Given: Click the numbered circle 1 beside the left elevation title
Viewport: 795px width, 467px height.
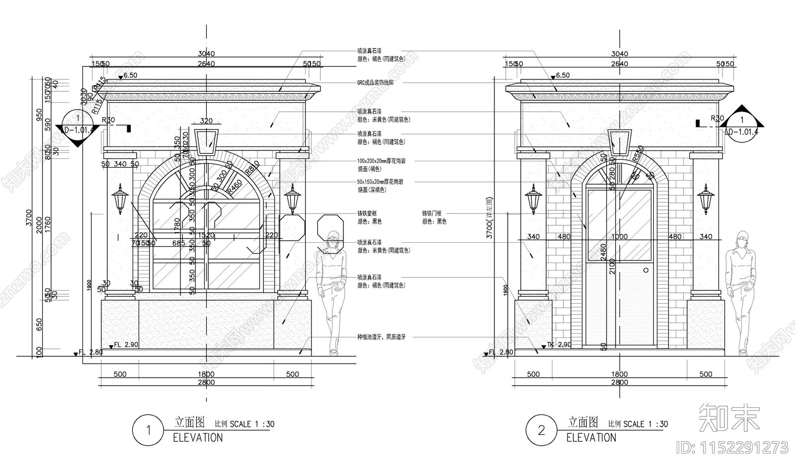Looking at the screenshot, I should [148, 430].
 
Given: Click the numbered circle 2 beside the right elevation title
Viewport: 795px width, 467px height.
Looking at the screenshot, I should [542, 430].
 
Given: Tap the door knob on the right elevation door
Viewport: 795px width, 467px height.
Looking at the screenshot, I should [646, 270].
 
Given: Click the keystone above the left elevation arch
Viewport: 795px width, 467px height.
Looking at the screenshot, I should [207, 141].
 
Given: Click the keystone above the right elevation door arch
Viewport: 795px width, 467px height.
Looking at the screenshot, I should [620, 141].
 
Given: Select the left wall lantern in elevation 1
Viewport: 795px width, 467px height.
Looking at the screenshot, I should [120, 199].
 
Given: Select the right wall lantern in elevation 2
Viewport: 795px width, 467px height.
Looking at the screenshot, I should [705, 199].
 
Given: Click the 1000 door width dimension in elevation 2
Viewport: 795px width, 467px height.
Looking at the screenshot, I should [619, 237].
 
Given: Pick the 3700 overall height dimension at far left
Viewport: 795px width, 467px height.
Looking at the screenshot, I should [29, 217].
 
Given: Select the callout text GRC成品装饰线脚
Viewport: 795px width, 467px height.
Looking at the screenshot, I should [375, 83].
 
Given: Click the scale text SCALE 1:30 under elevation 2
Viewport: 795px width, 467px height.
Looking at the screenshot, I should [645, 424].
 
